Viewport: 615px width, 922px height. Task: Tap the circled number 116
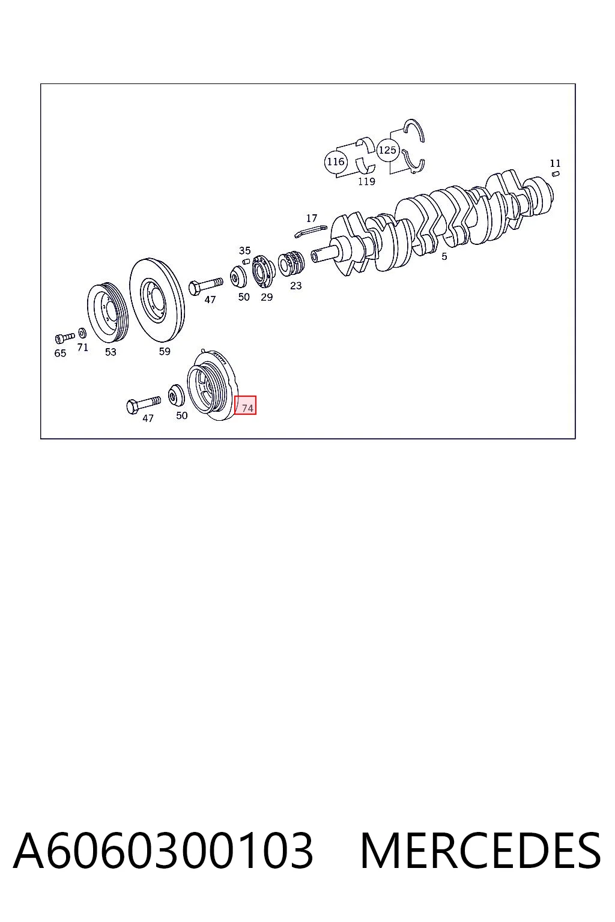(x=335, y=161)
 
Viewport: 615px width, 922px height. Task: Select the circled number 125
(x=387, y=150)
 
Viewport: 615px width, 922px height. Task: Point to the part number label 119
(x=366, y=181)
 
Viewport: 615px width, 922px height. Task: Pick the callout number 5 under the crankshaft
(x=444, y=256)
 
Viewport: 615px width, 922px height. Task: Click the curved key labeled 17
(x=311, y=231)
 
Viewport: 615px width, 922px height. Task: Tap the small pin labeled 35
(x=246, y=261)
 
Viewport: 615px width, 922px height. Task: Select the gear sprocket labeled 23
(x=291, y=263)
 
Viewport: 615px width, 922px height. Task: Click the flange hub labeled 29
(x=263, y=272)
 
